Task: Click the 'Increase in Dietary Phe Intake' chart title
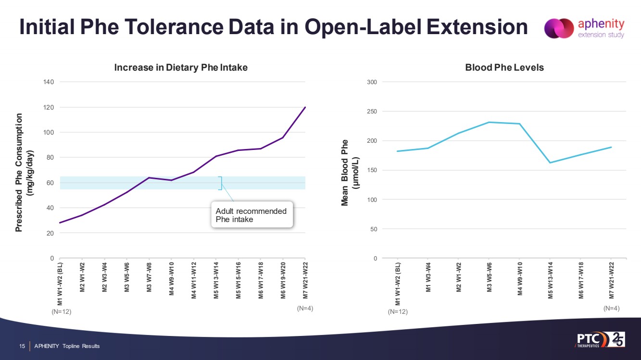coord(180,68)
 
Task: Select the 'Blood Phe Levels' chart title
coord(504,68)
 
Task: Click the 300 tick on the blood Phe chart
coord(372,82)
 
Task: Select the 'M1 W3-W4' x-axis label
coord(428,279)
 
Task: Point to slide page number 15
coord(22,346)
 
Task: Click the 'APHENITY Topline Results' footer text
coord(67,346)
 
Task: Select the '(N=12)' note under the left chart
coord(61,311)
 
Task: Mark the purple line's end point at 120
coord(305,107)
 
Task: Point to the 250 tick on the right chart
coord(372,112)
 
